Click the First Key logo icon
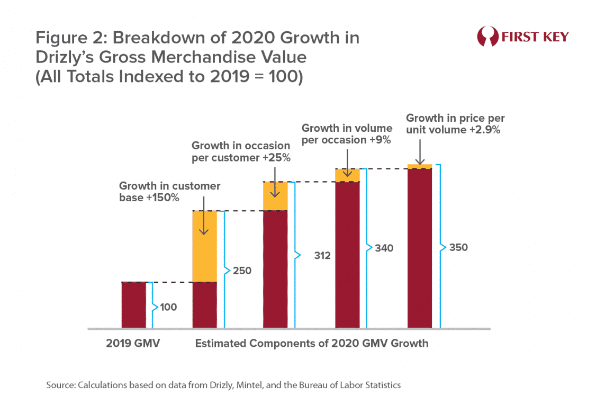tap(487, 37)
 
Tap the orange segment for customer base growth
tap(204, 246)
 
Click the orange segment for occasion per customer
tap(275, 196)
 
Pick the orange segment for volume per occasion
tap(348, 175)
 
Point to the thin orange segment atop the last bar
tap(420, 166)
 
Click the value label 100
tap(168, 307)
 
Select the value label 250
tap(241, 271)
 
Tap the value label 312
tap(322, 256)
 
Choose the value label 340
tap(384, 248)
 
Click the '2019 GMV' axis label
tap(133, 343)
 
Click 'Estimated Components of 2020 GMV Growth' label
tap(311, 343)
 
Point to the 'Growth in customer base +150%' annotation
tap(169, 192)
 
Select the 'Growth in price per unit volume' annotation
tap(455, 124)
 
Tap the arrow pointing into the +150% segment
tap(204, 222)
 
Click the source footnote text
tap(223, 385)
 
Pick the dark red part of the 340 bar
tap(348, 254)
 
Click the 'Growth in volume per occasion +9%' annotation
tap(347, 134)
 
